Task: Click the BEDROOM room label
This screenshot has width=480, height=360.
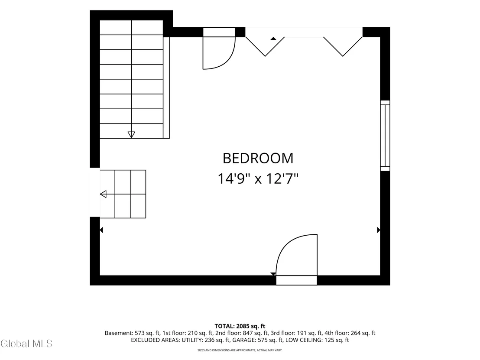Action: point(258,158)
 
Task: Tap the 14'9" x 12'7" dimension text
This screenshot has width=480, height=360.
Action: point(258,178)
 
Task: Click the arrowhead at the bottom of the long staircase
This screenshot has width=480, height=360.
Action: point(131,134)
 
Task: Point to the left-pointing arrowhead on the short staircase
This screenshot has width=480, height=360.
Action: point(103,194)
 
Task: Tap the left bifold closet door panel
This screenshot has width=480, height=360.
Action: point(265,46)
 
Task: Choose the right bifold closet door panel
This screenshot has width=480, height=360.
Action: point(343,46)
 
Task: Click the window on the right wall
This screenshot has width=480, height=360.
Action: point(385,135)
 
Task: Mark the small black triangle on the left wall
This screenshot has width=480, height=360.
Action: point(101,230)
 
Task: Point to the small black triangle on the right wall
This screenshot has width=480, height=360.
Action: point(379,230)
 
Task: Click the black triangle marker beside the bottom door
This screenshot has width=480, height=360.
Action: point(273,274)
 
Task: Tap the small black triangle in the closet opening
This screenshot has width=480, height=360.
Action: point(273,39)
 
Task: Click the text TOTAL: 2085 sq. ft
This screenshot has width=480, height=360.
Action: point(240,326)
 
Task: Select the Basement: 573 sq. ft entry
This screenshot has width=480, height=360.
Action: point(132,333)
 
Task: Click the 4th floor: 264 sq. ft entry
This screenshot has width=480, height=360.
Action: point(350,333)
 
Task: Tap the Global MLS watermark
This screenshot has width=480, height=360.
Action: point(26,344)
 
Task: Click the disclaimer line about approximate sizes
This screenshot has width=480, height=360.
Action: point(240,350)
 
